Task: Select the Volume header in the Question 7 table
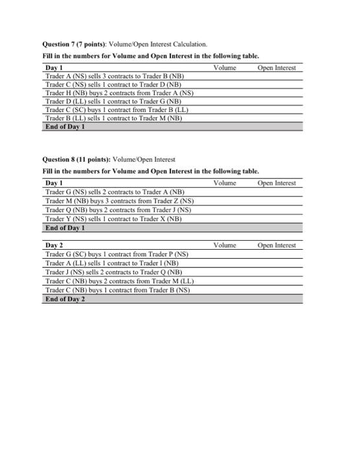224,68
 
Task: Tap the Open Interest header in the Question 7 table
276,68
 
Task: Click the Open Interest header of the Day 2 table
276,245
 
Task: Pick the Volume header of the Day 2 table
224,245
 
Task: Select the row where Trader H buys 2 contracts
120,93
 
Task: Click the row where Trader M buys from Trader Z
120,201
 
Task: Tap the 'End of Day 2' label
65,299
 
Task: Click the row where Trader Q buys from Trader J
119,210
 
